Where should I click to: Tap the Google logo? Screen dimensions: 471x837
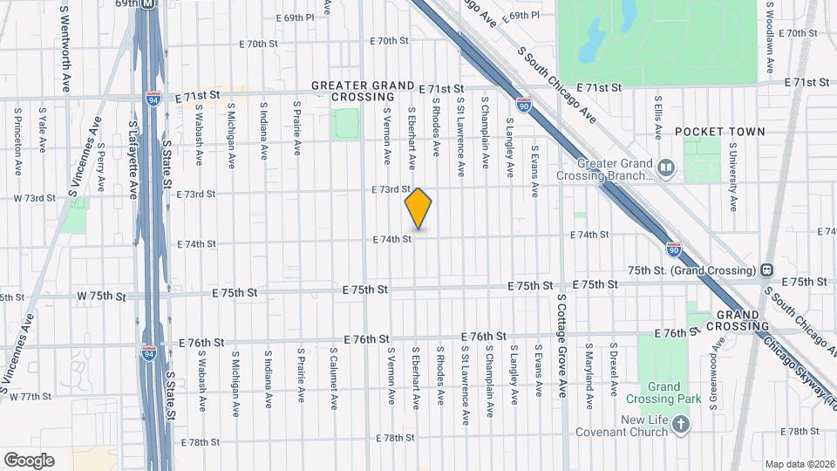point(29,460)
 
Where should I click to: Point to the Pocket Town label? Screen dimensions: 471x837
point(719,132)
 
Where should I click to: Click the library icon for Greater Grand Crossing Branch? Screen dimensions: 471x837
point(667,166)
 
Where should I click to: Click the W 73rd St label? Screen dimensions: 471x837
point(34,198)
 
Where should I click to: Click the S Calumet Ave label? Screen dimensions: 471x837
point(333,380)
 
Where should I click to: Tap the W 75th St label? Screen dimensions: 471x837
point(101,297)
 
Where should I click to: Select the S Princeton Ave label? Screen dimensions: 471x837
point(17,143)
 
